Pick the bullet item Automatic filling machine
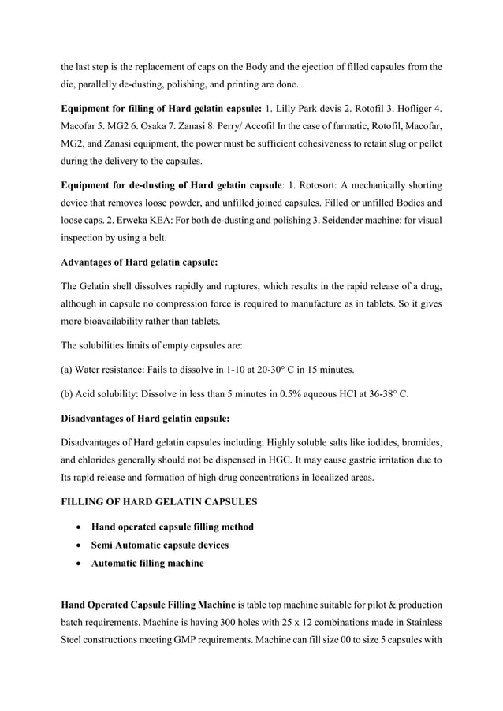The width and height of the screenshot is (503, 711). pyautogui.click(x=147, y=563)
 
